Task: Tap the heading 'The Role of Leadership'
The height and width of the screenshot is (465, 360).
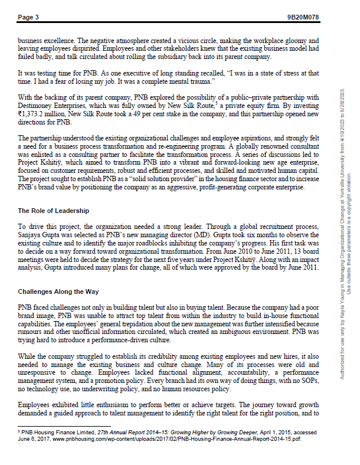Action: tap(53, 211)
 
